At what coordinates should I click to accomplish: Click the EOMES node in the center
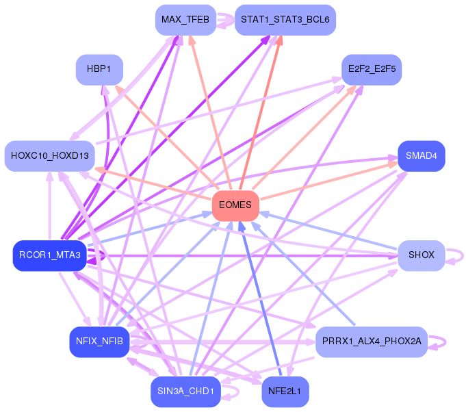click(x=235, y=205)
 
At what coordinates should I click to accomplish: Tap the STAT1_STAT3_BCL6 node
click(x=285, y=20)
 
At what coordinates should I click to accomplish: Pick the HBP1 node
click(x=99, y=70)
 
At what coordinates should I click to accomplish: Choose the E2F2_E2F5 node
click(x=371, y=70)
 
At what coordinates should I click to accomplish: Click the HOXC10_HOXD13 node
click(x=50, y=156)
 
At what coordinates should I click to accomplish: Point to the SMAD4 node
click(x=421, y=156)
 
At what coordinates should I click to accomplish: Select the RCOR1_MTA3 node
click(x=50, y=255)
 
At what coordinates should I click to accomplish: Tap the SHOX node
click(x=421, y=255)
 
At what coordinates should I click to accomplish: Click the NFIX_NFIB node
click(x=99, y=342)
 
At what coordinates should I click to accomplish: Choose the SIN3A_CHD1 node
click(x=185, y=391)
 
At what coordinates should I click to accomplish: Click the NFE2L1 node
click(x=285, y=391)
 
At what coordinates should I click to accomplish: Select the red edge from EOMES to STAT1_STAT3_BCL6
click(x=259, y=116)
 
